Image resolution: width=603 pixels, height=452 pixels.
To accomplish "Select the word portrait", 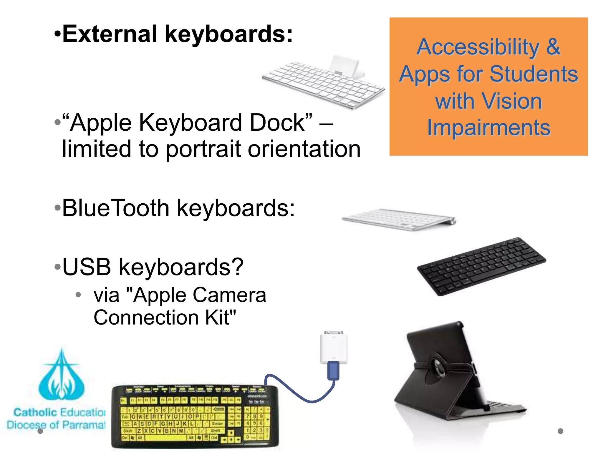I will (203, 149).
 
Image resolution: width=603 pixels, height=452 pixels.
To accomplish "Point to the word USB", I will (87, 267).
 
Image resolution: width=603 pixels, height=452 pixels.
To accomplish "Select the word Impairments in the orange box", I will (489, 128).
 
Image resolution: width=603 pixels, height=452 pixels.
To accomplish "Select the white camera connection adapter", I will (334, 347).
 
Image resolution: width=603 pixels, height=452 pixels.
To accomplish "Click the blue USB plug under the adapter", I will (334, 371).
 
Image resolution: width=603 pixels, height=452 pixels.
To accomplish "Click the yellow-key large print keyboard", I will (194, 416).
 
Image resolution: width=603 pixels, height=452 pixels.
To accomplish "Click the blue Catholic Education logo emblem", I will (62, 377).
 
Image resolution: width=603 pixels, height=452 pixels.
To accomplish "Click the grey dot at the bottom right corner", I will (560, 431).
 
